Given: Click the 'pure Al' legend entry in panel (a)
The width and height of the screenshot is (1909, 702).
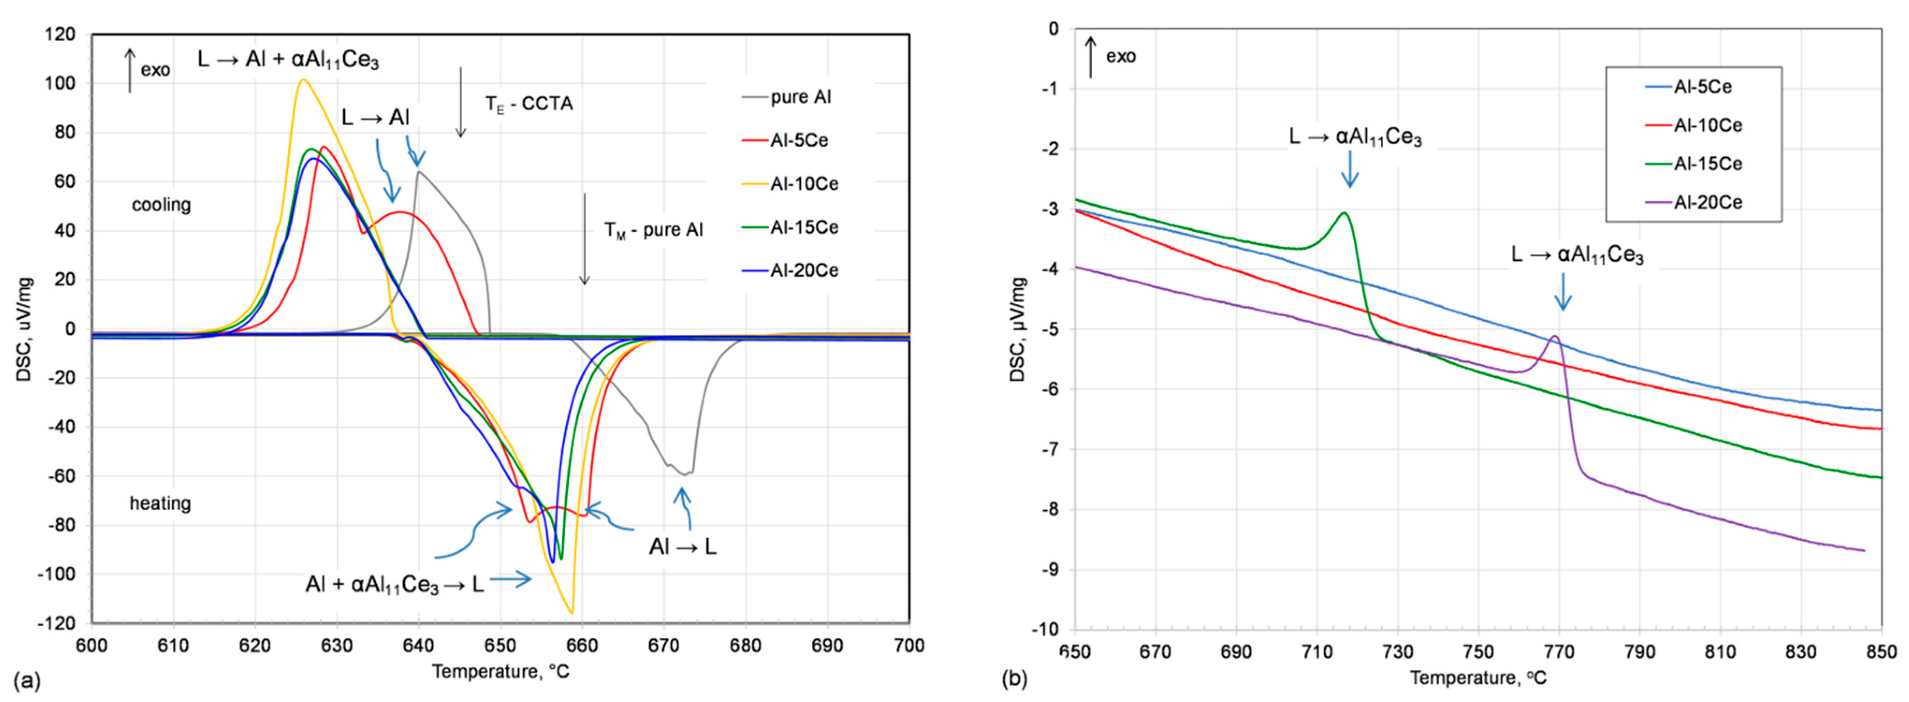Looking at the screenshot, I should pyautogui.click(x=800, y=97).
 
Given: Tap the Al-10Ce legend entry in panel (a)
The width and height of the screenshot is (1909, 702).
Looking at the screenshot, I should pyautogui.click(x=804, y=184).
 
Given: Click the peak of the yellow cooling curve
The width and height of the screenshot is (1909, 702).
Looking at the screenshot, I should pyautogui.click(x=303, y=80).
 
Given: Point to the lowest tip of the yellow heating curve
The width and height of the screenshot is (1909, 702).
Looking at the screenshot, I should pyautogui.click(x=571, y=612).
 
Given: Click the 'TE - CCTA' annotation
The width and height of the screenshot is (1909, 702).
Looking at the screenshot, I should pyautogui.click(x=529, y=104).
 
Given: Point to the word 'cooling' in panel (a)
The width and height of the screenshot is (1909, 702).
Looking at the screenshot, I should pyautogui.click(x=161, y=204).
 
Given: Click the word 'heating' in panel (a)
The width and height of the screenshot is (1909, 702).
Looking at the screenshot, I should pyautogui.click(x=160, y=503).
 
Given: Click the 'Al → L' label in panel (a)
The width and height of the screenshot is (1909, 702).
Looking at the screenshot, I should pyautogui.click(x=682, y=547).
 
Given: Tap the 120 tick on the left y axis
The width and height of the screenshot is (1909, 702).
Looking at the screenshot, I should pyautogui.click(x=60, y=34).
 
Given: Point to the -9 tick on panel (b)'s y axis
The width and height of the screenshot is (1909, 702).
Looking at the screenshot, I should pyautogui.click(x=1051, y=569).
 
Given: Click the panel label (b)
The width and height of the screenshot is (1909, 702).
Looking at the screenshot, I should pyautogui.click(x=1014, y=678).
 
